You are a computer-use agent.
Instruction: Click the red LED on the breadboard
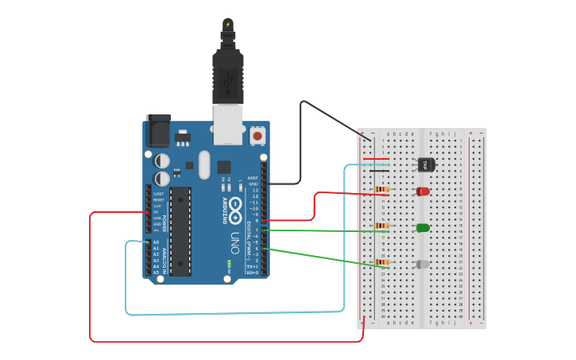point(423,192)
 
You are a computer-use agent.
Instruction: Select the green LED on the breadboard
point(423,228)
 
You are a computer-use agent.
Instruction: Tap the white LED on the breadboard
point(423,264)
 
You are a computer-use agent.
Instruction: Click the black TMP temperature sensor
point(426,165)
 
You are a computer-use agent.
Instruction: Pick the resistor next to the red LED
point(383,190)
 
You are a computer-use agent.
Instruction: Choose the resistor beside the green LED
point(383,226)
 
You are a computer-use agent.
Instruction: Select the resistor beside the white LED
point(383,262)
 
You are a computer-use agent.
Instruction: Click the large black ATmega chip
point(180,231)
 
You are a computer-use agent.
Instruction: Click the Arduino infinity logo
point(237,202)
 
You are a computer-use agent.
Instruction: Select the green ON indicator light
point(229,263)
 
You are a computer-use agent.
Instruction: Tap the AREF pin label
point(253,178)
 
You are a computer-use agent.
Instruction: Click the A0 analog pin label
point(156,242)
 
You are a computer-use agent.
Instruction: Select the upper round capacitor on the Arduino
point(162,161)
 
